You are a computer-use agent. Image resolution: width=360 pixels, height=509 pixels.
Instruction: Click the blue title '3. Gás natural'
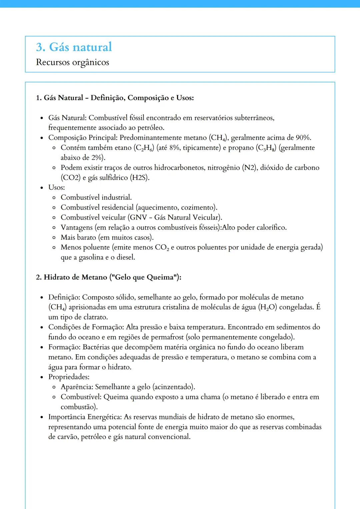pos(74,47)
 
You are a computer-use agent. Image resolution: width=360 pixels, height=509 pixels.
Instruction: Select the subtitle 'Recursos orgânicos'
pos(72,62)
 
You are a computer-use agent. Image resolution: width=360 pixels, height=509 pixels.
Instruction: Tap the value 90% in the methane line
pos(303,138)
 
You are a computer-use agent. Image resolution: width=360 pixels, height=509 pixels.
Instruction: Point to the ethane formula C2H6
pos(144,148)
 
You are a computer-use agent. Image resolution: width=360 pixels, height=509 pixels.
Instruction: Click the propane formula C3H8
pos(266,148)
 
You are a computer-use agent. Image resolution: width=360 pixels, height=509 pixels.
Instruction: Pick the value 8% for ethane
pos(175,148)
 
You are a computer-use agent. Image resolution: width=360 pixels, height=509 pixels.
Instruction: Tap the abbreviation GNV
pos(138,218)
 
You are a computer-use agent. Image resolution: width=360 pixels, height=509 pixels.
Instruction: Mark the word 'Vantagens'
pos(77,228)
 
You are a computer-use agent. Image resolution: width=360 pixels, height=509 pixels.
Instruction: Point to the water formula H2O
pos(268,307)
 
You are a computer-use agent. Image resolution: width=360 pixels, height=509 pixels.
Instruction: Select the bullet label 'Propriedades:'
pos(69,377)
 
